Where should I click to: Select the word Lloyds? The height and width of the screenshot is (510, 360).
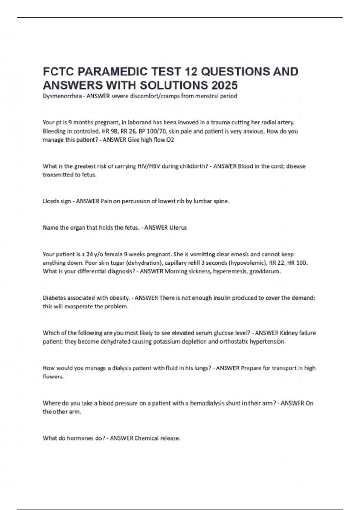(x=49, y=201)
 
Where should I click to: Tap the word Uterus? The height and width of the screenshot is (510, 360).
(x=178, y=228)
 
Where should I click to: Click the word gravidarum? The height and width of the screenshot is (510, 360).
(x=265, y=271)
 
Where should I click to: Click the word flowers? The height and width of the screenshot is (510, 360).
(x=53, y=377)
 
